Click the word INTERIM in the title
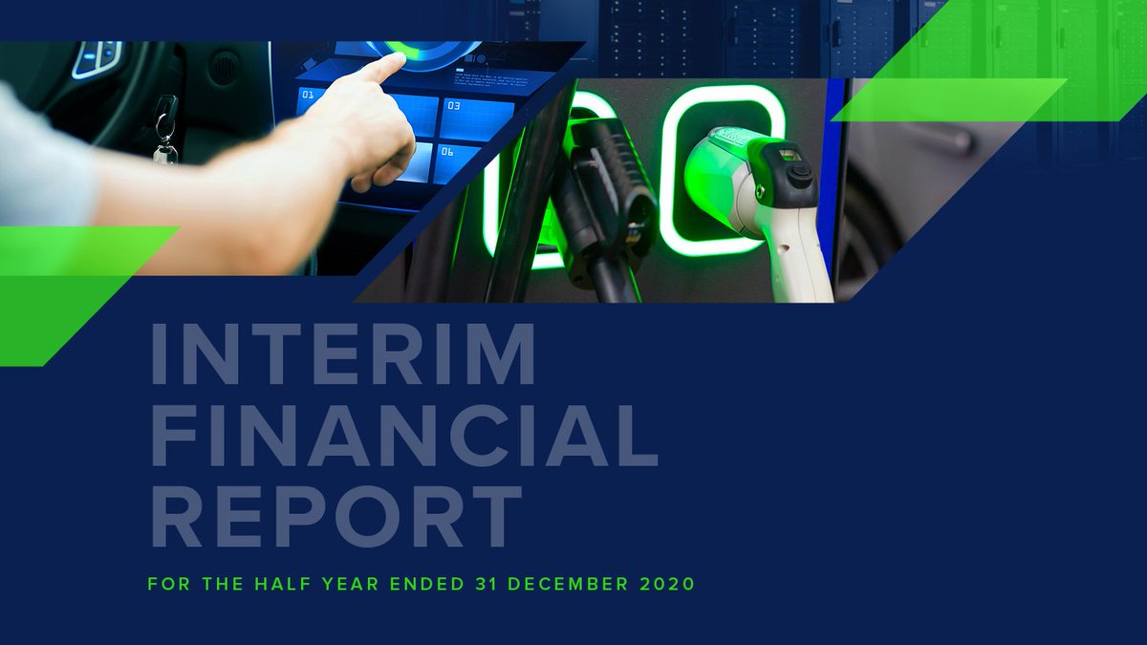pos(342,355)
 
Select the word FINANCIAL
pos(404,436)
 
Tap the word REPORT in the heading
pos(336,516)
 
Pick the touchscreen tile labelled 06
pos(458,162)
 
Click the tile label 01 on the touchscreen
pos(308,96)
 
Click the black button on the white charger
pos(799,173)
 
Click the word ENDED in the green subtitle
pos(420,583)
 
